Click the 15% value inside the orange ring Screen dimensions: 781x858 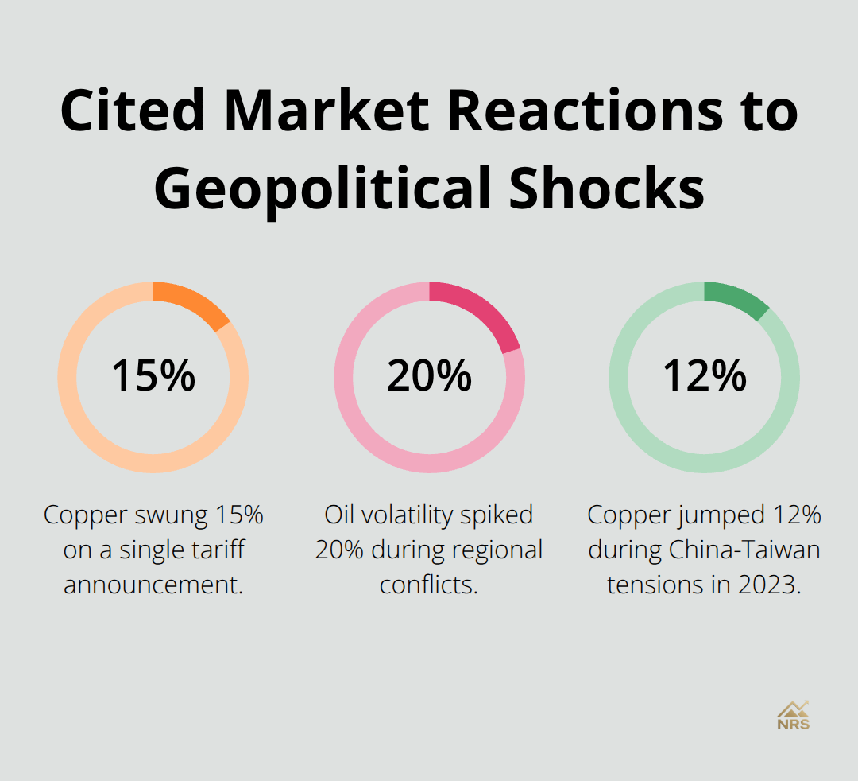153,376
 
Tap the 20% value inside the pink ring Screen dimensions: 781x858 429,376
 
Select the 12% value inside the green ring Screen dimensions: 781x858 705,376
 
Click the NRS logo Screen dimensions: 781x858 793,715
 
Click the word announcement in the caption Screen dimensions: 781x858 153,585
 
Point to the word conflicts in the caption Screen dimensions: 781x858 429,585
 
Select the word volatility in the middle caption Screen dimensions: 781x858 403,515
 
